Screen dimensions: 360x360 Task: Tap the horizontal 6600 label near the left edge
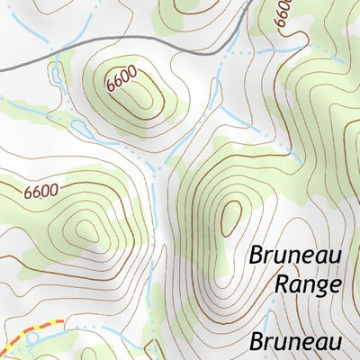click(x=41, y=191)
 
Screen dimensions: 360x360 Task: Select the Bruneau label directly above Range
click(x=296, y=256)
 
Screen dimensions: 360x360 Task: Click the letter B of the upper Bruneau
click(x=256, y=256)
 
